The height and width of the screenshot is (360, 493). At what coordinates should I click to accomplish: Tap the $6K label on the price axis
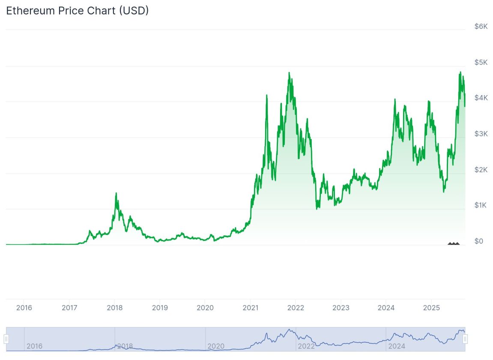pos(481,27)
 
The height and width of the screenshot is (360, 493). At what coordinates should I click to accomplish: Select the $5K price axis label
pos(481,63)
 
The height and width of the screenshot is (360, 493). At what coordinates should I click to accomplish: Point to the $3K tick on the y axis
pos(481,134)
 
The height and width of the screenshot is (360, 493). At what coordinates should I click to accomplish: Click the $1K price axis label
pos(481,206)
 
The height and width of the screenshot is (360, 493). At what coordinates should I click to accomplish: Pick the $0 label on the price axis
pos(479,241)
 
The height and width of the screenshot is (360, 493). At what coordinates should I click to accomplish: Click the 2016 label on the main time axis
pos(24,308)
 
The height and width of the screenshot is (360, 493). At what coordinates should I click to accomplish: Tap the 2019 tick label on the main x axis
pos(160,308)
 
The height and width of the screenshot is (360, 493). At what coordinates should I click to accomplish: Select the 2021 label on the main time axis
pos(250,308)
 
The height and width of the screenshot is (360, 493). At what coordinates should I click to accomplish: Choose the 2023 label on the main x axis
pos(341,308)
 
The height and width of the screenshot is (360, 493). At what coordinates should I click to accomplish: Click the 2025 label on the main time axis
pos(431,308)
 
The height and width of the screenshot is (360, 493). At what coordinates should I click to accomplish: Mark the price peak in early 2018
pos(116,194)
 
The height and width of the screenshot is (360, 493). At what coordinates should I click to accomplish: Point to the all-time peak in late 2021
pos(290,73)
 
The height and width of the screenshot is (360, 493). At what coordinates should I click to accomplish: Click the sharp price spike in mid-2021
pos(267,96)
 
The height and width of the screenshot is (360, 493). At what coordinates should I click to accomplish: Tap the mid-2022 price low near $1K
pos(317,208)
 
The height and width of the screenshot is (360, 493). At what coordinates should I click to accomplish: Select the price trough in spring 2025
pos(444,191)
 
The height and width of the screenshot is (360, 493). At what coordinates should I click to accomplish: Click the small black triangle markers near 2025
pos(454,243)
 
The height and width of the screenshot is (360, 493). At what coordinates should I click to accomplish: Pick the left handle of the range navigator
pos(6,339)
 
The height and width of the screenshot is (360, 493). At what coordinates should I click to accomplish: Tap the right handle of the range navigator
pos(465,339)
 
